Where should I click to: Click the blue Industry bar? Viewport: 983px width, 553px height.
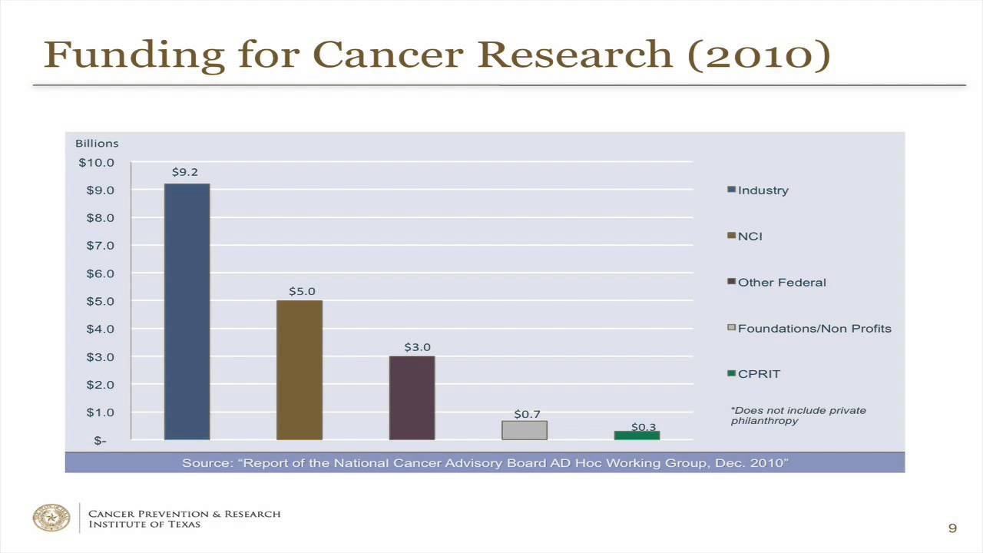coord(187,311)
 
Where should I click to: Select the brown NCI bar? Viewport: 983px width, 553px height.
coord(300,369)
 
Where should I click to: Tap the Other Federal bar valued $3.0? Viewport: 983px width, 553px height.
coord(412,397)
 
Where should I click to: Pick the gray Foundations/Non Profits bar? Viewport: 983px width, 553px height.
coord(525,430)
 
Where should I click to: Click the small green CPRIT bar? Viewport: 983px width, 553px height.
coord(637,435)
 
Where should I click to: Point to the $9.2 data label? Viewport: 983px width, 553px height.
coord(184,172)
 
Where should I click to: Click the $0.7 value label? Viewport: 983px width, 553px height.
coord(527,414)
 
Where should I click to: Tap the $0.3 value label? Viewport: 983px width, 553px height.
coord(644,426)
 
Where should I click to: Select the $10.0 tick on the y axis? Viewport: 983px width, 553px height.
coord(97,163)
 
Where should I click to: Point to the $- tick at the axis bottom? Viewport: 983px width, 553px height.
coord(101,440)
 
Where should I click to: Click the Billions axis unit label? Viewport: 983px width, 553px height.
coord(97,144)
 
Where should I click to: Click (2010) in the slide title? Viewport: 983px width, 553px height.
coord(758,55)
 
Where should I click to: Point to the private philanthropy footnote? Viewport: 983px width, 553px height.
coord(798,416)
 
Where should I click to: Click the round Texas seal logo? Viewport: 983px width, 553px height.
coord(51,518)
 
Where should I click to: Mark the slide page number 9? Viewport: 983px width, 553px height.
coord(952,528)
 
